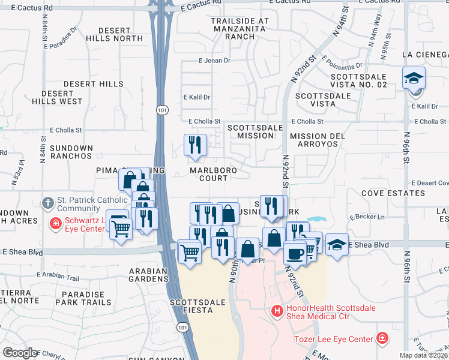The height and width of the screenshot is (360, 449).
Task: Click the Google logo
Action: (20, 353)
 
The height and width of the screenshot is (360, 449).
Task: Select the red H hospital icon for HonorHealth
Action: (277, 311)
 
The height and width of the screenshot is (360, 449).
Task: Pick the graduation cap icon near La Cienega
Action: (413, 79)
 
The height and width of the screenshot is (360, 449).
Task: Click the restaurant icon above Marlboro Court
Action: (196, 145)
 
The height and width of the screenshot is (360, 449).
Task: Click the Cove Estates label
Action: (393, 193)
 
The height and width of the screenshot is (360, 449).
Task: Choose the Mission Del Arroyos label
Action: (317, 140)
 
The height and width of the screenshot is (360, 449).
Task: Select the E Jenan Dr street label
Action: (214, 61)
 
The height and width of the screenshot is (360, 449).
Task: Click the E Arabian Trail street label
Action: (58, 277)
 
